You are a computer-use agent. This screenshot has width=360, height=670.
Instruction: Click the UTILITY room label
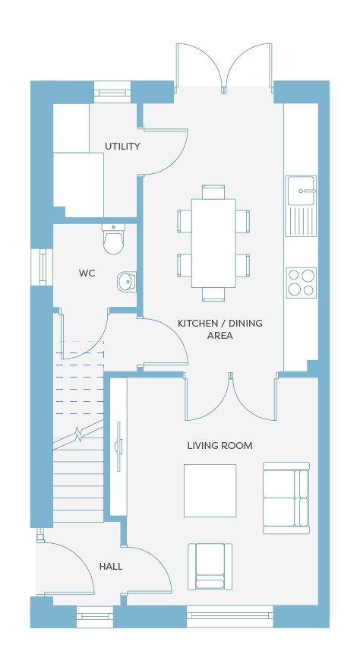[122, 146]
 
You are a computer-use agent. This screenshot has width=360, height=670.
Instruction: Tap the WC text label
[87, 273]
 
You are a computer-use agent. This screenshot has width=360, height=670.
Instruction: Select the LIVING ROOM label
[220, 446]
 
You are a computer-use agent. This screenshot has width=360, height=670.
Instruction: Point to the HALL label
[111, 567]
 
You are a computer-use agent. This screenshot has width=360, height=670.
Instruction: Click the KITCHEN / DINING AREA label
[220, 329]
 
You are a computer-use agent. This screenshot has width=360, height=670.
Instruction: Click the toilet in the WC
[113, 239]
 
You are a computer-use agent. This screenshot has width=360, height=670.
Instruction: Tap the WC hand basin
[126, 281]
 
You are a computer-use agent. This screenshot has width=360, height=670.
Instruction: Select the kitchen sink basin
[301, 191]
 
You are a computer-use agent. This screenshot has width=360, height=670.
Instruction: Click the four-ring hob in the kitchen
[301, 283]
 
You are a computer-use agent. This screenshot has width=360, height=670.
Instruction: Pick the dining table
[213, 243]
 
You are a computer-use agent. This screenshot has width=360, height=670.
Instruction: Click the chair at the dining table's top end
[213, 192]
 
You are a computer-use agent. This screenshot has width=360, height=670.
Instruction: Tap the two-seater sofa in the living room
[286, 498]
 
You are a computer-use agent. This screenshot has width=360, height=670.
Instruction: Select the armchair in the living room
[210, 567]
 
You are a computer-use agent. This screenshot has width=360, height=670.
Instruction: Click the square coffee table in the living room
[210, 491]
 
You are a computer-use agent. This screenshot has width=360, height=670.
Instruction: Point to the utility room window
[112, 92]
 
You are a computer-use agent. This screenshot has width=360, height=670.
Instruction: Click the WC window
[42, 267]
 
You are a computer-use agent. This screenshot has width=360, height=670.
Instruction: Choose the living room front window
[230, 616]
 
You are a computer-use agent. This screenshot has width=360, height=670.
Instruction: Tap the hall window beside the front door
[95, 617]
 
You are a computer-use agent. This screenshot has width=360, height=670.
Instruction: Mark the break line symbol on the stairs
[78, 435]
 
